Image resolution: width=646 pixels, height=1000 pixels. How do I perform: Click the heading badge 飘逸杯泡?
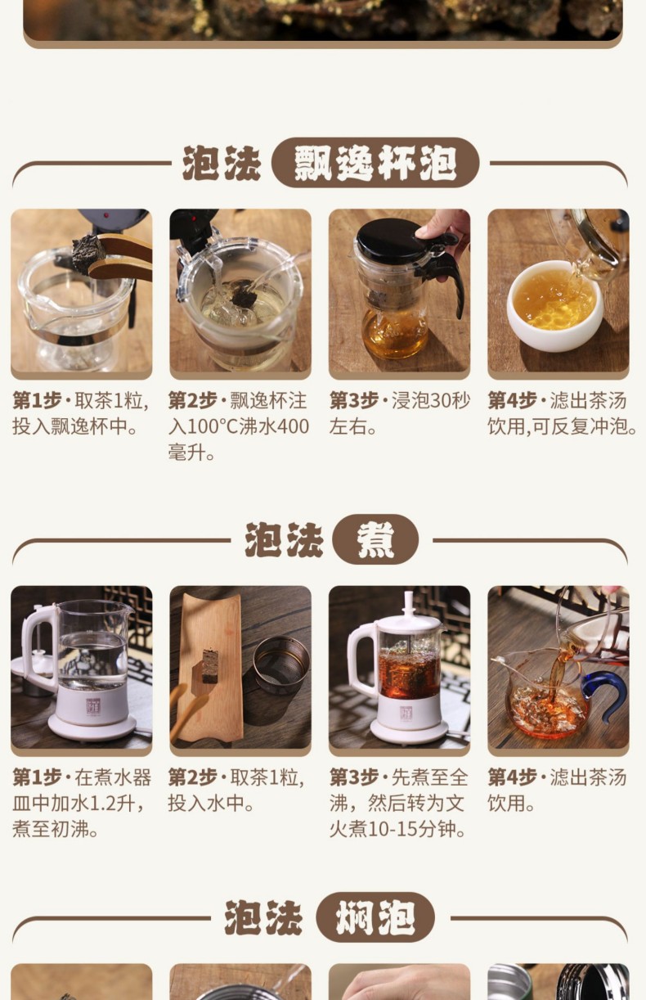(375, 163)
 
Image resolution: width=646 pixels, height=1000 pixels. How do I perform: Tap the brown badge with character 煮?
(375, 540)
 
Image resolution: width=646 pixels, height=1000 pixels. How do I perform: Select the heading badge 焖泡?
(375, 917)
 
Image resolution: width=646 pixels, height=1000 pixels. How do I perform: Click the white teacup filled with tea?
(555, 305)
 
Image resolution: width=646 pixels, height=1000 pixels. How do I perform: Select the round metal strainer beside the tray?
(281, 664)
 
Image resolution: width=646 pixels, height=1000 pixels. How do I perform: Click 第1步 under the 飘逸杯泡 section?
(37, 400)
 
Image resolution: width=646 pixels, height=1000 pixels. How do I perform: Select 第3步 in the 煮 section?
(354, 777)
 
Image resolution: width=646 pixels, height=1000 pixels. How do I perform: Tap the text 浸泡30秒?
(430, 400)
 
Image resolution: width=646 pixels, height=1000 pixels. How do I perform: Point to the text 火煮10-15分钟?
(398, 829)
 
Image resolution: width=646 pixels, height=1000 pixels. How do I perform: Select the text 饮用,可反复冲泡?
(562, 427)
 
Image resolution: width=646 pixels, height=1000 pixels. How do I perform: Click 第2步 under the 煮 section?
(192, 777)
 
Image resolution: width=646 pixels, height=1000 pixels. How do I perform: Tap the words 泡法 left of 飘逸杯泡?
(222, 163)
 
